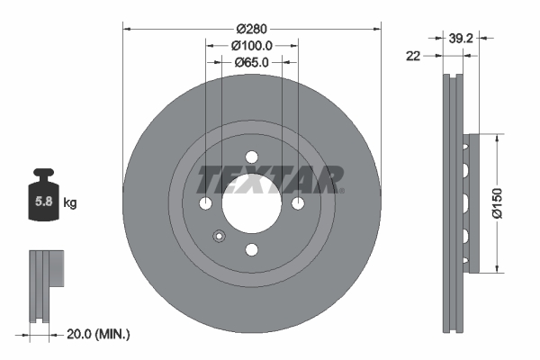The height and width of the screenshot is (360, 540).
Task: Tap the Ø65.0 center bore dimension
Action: click(252, 63)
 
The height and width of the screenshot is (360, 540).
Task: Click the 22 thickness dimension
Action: click(413, 56)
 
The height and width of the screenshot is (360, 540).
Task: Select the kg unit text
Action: click(70, 203)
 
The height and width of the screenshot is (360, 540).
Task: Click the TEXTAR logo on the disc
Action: click(269, 178)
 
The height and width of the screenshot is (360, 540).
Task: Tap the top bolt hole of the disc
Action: click(252, 155)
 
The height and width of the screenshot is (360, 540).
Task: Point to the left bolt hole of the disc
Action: click(206, 202)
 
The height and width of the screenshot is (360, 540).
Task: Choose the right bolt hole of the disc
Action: click(298, 202)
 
